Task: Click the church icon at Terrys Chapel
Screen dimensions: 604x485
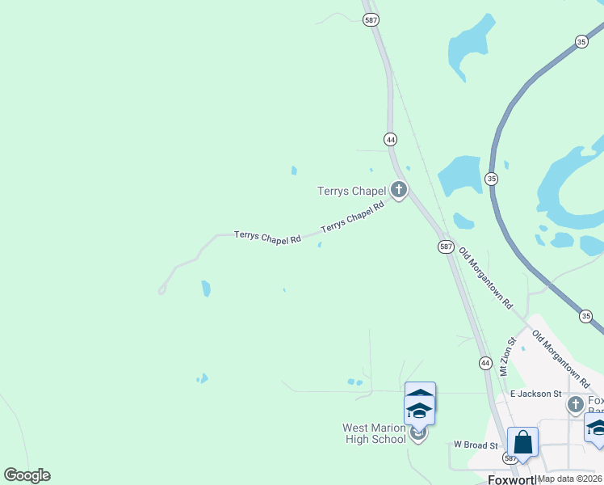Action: (398, 190)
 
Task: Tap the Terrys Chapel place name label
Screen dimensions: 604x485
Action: (351, 192)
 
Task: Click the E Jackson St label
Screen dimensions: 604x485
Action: (535, 394)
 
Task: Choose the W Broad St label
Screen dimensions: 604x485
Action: (474, 444)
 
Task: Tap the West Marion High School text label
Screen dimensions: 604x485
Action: (374, 433)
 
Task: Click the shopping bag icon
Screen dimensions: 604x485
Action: (522, 443)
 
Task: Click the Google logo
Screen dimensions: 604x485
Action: (27, 475)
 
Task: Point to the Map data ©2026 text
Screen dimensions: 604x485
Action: (570, 479)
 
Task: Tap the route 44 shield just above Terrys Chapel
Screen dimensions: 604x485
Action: (391, 139)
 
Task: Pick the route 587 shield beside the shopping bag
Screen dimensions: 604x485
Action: (510, 458)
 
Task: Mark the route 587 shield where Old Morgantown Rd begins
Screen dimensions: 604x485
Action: (447, 247)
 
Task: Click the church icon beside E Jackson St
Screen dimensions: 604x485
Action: (575, 404)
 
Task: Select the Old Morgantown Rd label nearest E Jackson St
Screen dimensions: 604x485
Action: (562, 360)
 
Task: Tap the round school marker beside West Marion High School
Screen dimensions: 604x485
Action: (418, 434)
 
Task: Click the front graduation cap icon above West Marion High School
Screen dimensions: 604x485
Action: (419, 411)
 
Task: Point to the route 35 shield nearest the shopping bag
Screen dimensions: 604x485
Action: (586, 315)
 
